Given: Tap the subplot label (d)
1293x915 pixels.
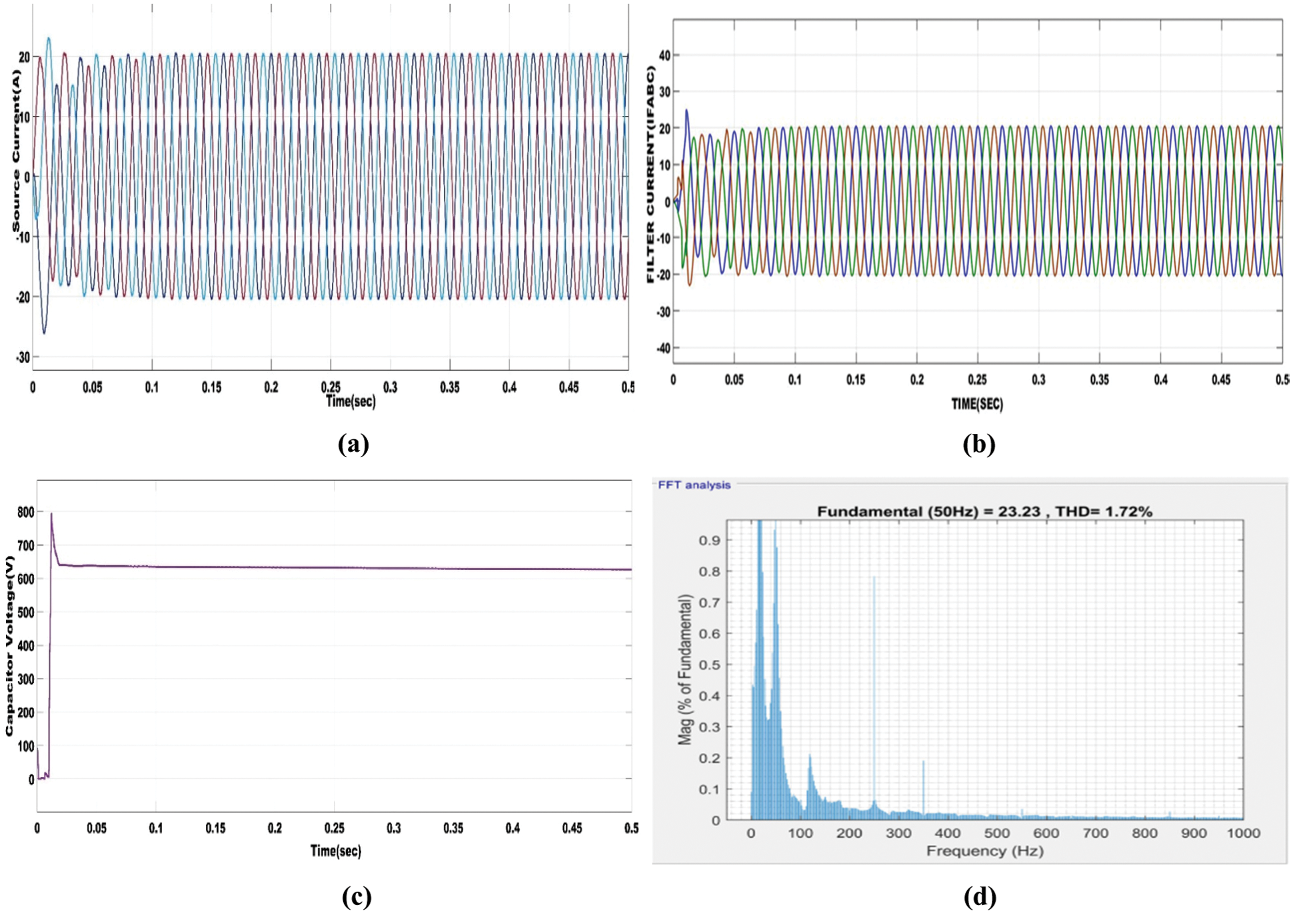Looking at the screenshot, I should [980, 896].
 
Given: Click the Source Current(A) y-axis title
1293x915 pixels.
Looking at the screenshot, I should [17, 152].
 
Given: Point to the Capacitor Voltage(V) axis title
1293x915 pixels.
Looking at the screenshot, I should [9, 645].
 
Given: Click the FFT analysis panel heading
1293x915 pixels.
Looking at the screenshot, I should [694, 485].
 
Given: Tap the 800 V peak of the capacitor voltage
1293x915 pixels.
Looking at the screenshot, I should [51, 514].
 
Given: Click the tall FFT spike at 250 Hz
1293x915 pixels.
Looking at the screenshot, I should [874, 580].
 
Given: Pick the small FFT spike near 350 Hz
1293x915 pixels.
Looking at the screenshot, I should [923, 764].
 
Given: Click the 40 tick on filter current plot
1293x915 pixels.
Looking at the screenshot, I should [664, 55].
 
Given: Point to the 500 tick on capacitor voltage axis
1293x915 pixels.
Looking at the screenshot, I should [25, 612].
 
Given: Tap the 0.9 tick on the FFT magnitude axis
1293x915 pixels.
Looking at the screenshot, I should [709, 540].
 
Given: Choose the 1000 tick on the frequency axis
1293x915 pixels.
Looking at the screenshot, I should [1243, 833].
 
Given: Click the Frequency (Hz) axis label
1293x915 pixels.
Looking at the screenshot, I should [984, 851].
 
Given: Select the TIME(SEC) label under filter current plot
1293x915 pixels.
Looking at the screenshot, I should [976, 404].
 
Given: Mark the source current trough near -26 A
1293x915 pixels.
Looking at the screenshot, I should [44, 331].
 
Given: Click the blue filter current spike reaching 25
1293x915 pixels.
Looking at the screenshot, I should [686, 111].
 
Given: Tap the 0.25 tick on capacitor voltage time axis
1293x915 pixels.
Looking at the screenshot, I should [334, 828].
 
